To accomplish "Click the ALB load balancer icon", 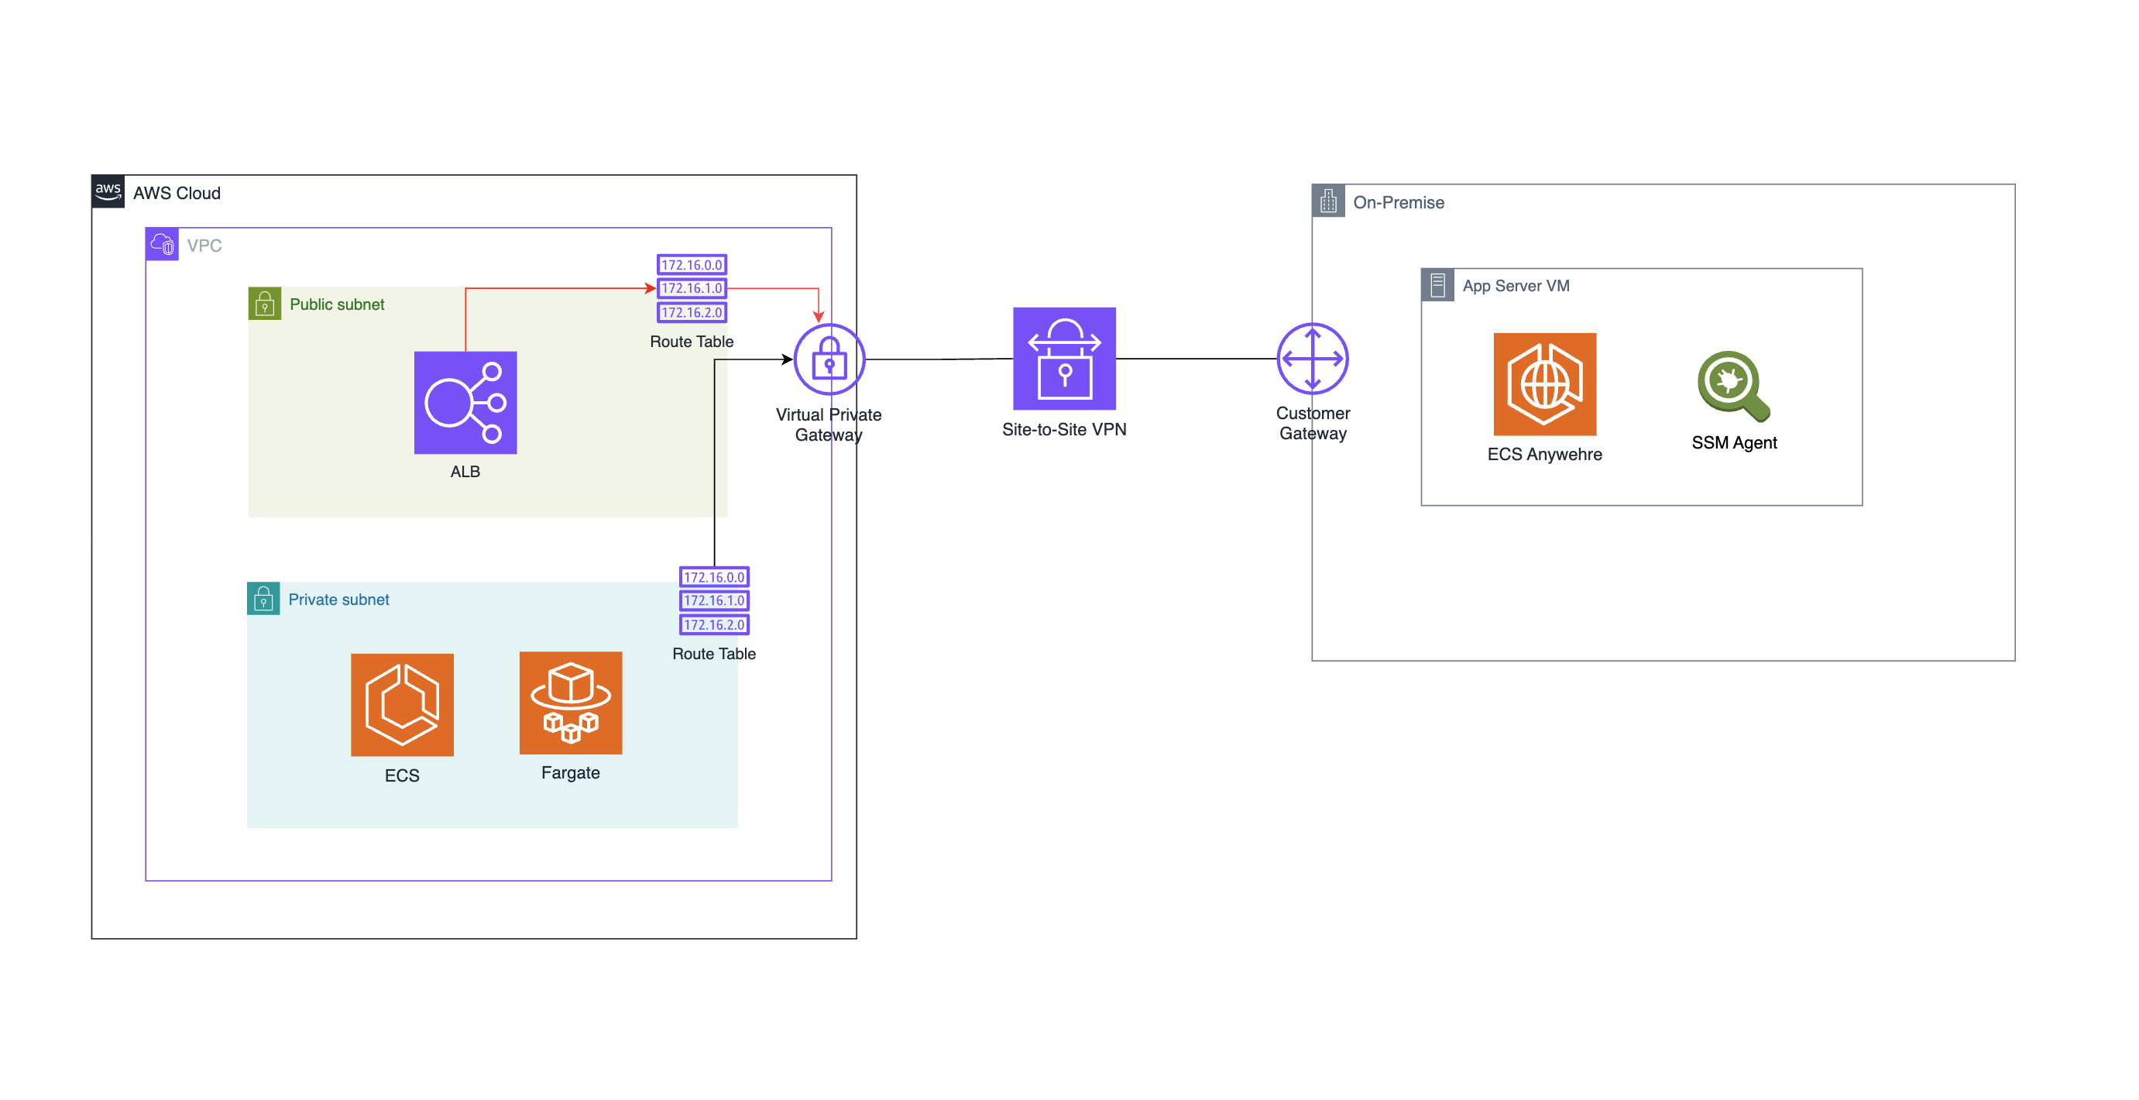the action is pyautogui.click(x=465, y=402).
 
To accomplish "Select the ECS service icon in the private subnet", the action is pyautogui.click(x=402, y=704).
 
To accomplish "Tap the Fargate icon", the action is pyautogui.click(x=571, y=702).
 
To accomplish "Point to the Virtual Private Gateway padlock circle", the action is pyautogui.click(x=829, y=359).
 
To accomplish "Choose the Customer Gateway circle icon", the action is pyautogui.click(x=1312, y=358).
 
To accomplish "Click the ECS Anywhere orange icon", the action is pyautogui.click(x=1544, y=383).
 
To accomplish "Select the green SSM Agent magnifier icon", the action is pyautogui.click(x=1733, y=386).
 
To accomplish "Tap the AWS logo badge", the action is pyautogui.click(x=108, y=191).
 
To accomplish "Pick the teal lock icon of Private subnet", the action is pyautogui.click(x=263, y=598).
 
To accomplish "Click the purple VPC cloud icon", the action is pyautogui.click(x=162, y=244).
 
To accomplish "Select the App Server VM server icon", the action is pyautogui.click(x=1437, y=285).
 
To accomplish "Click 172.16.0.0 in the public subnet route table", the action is pyautogui.click(x=692, y=264).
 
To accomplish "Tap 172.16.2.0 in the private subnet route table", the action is pyautogui.click(x=714, y=624).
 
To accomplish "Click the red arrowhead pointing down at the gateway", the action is pyautogui.click(x=819, y=317).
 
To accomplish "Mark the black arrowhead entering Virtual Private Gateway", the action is pyautogui.click(x=787, y=359).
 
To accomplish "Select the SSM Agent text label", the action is pyautogui.click(x=1734, y=443).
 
